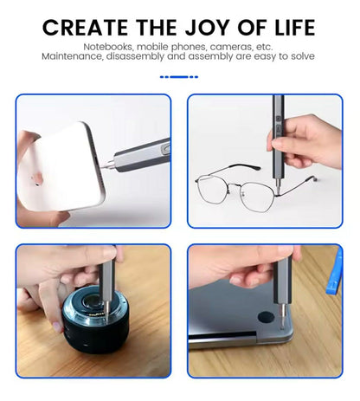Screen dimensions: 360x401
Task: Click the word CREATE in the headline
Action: point(85,28)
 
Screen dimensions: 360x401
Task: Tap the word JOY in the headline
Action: point(207,28)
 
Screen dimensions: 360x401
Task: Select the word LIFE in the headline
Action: point(295,28)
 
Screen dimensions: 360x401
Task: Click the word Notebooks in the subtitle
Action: point(108,47)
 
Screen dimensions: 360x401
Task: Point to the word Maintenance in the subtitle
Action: point(73,56)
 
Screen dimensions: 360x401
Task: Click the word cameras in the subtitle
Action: point(231,47)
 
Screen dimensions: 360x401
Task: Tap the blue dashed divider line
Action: point(179,77)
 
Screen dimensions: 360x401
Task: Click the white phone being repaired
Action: point(62,167)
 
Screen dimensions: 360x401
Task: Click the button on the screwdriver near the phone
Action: point(165,149)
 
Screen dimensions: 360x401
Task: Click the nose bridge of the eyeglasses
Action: point(235,186)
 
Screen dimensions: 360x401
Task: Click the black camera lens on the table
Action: point(96,319)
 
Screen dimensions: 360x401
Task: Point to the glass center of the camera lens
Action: point(93,303)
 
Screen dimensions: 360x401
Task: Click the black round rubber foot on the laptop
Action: point(266,317)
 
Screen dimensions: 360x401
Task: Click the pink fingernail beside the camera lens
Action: point(58,327)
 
